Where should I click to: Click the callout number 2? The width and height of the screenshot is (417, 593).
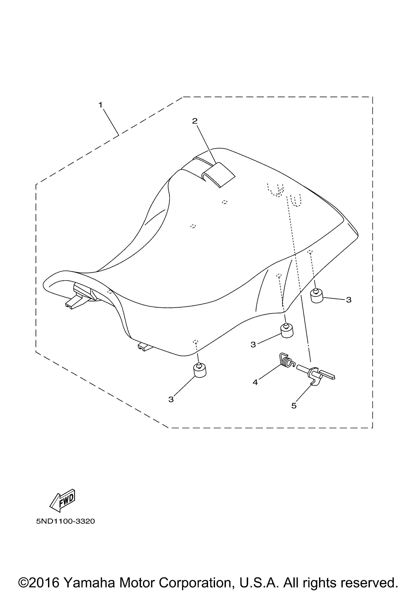click(195, 121)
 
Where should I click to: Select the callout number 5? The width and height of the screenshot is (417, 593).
click(294, 406)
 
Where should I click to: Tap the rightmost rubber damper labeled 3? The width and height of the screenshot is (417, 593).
click(317, 296)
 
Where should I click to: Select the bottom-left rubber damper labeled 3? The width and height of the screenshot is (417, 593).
click(200, 370)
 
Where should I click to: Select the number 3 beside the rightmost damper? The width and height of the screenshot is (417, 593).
click(349, 300)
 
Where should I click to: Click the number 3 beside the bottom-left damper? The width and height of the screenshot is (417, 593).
click(171, 399)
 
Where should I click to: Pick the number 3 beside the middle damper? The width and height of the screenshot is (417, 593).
click(253, 345)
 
